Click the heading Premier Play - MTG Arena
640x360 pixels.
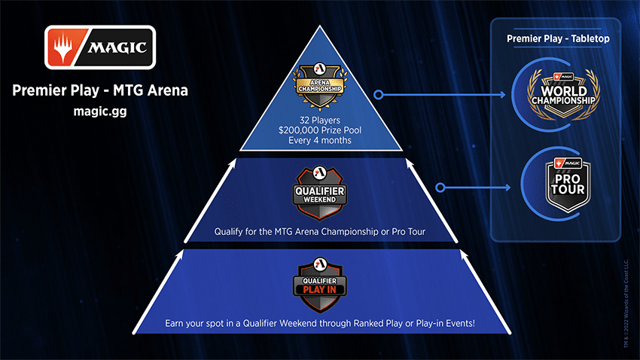point(100,92)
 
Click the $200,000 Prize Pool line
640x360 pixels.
point(322,130)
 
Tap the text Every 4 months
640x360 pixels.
point(322,141)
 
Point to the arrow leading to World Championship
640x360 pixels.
point(444,96)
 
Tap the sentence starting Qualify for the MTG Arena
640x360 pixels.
point(320,231)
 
